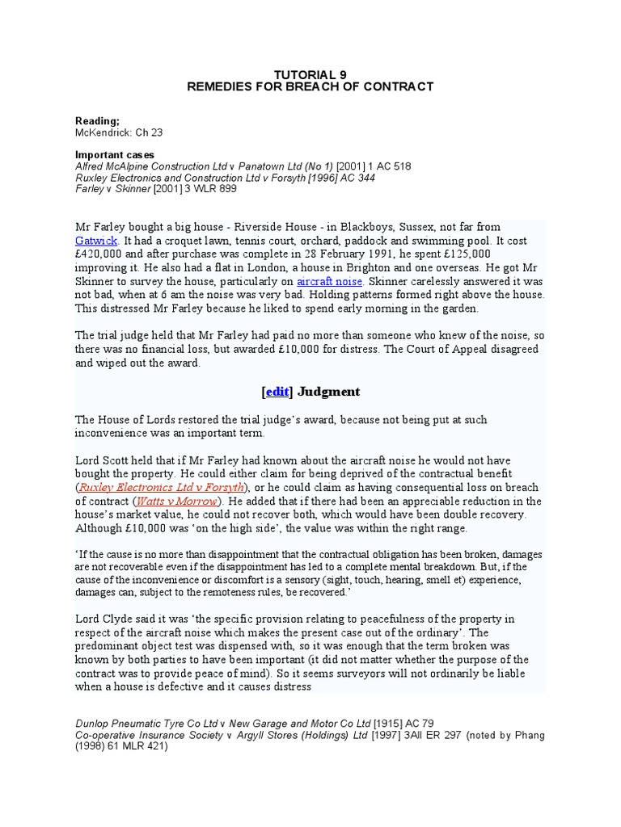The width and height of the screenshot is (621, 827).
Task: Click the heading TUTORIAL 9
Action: [x=310, y=73]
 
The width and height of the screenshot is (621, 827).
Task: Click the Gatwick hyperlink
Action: [x=96, y=241]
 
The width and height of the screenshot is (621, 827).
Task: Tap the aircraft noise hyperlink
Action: [x=329, y=280]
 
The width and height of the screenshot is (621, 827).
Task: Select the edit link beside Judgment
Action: [x=277, y=392]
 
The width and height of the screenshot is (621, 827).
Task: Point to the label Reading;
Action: [x=97, y=120]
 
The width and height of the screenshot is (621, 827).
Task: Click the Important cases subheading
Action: [x=114, y=154]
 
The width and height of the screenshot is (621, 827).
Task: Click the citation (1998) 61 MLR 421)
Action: [x=121, y=746]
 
